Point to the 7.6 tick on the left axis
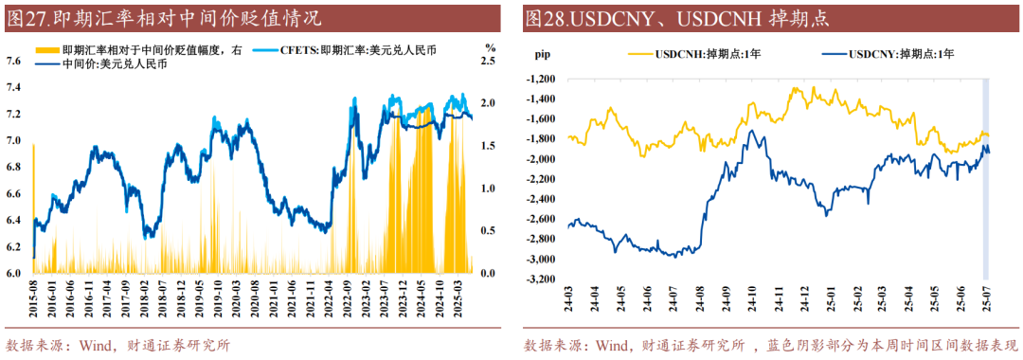(x=15, y=61)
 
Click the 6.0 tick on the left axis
(x=15, y=274)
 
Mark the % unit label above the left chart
(x=490, y=46)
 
